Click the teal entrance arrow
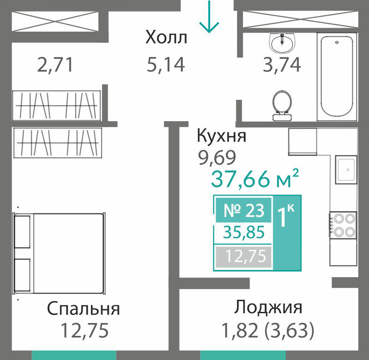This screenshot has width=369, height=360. click(x=209, y=16)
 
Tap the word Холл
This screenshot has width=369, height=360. click(x=166, y=37)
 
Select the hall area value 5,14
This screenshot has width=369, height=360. click(x=166, y=65)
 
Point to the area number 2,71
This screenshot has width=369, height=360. click(x=55, y=65)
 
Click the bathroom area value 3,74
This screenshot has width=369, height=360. click(x=282, y=65)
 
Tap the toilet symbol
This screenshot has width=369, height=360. click(x=282, y=105)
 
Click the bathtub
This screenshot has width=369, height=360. click(x=337, y=77)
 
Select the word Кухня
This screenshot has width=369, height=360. click(x=221, y=135)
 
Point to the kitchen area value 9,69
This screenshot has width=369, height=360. click(x=217, y=157)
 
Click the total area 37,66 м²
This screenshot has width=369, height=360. click(x=255, y=178)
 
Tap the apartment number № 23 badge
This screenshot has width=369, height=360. click(x=244, y=210)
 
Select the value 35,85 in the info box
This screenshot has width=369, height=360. click(x=244, y=232)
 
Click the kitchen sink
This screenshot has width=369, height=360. click(x=346, y=169)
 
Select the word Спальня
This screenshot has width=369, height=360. click(x=83, y=308)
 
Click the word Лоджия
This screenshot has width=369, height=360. click(x=268, y=307)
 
